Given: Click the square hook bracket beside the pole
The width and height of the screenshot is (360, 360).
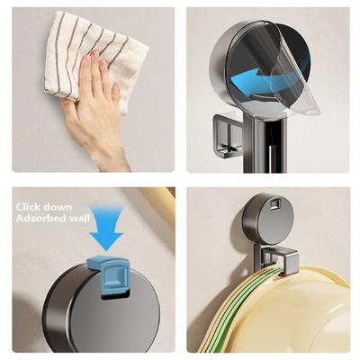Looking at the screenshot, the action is pos(228,136).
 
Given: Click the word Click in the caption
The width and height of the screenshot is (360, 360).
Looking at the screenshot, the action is pos(29,207).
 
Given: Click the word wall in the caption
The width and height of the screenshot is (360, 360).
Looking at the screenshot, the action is pos(79,218).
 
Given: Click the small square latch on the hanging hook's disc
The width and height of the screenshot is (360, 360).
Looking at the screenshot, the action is pos(274,204).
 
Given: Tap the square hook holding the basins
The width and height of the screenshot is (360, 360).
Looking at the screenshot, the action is pos(277,258).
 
